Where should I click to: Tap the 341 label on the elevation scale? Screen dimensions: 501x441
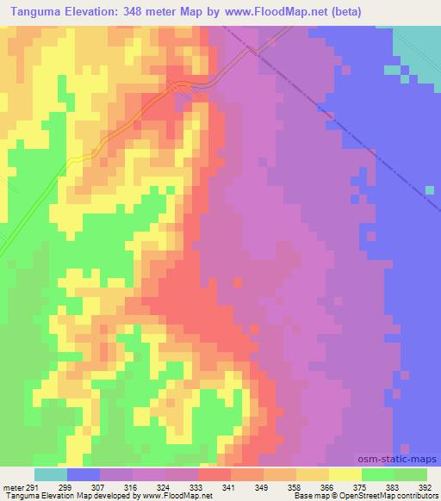pos(230,486)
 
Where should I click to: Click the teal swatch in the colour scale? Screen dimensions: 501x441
pos(51,474)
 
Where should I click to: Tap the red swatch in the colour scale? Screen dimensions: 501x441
pos(214,474)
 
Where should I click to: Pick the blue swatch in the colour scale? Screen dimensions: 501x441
pos(84,474)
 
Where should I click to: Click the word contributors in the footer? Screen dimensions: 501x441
pos(413,497)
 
